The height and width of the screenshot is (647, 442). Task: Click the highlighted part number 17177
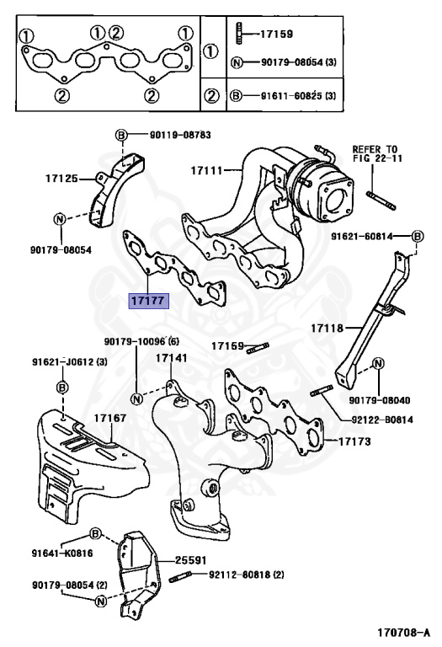tap(147, 299)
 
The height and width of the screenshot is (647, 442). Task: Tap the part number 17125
tap(61, 179)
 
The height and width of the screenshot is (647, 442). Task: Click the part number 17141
tap(171, 358)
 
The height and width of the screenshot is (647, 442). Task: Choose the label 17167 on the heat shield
tap(109, 418)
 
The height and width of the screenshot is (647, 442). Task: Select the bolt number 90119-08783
tap(180, 135)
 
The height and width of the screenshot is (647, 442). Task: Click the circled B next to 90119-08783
tap(120, 136)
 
